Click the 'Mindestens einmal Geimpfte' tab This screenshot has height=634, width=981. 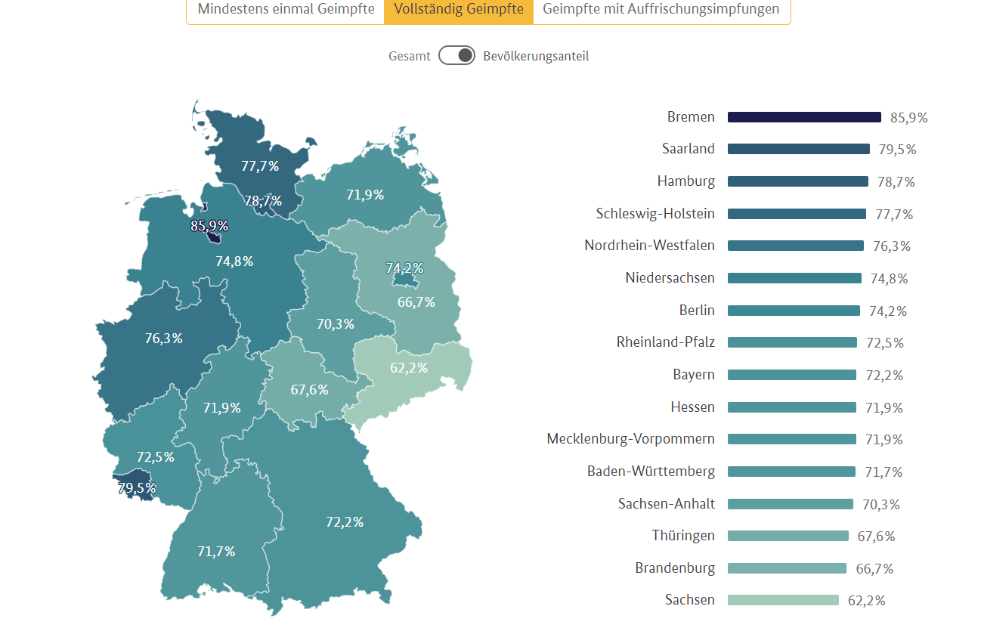click(286, 10)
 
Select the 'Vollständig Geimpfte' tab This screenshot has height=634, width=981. click(459, 10)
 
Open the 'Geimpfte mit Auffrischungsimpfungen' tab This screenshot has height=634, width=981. click(661, 10)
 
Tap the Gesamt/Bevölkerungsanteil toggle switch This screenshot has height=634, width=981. click(456, 56)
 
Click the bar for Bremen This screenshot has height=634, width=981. click(804, 117)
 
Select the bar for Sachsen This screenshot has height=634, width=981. click(783, 600)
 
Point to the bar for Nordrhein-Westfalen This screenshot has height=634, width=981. click(795, 246)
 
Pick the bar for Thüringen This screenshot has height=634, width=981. click(788, 536)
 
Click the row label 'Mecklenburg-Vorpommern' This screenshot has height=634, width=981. click(630, 439)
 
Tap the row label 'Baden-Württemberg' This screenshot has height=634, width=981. click(651, 472)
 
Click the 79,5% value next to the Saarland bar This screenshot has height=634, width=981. click(897, 150)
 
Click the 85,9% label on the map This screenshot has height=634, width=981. click(209, 226)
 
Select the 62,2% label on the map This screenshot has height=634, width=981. click(409, 368)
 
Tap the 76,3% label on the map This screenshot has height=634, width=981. click(164, 339)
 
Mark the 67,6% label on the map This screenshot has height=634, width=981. click(310, 390)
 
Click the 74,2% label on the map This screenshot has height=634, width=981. click(404, 268)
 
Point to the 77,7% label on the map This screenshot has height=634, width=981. click(260, 166)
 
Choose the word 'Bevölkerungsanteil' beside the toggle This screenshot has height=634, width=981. click(536, 56)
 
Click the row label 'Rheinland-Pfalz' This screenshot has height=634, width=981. click(665, 342)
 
